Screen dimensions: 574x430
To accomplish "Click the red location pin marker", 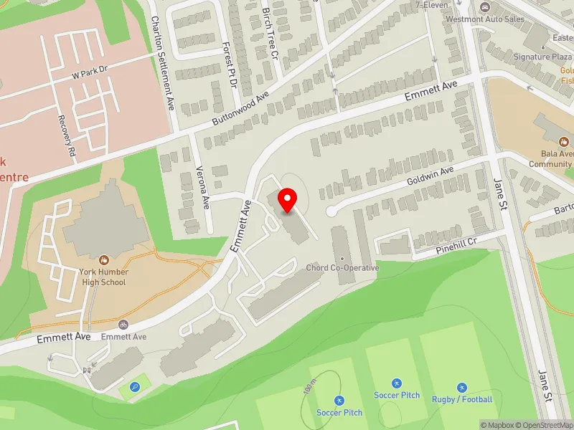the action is point(288,200).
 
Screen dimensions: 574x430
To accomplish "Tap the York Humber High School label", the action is point(104,277).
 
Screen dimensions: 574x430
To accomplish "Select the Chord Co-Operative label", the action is point(342,268).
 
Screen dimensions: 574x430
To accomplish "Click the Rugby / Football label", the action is point(462,399).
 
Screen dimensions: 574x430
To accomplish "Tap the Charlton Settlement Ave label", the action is point(163,63).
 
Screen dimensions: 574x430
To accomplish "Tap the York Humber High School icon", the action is point(104,259).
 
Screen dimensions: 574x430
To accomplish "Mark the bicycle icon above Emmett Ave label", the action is point(123,325).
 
